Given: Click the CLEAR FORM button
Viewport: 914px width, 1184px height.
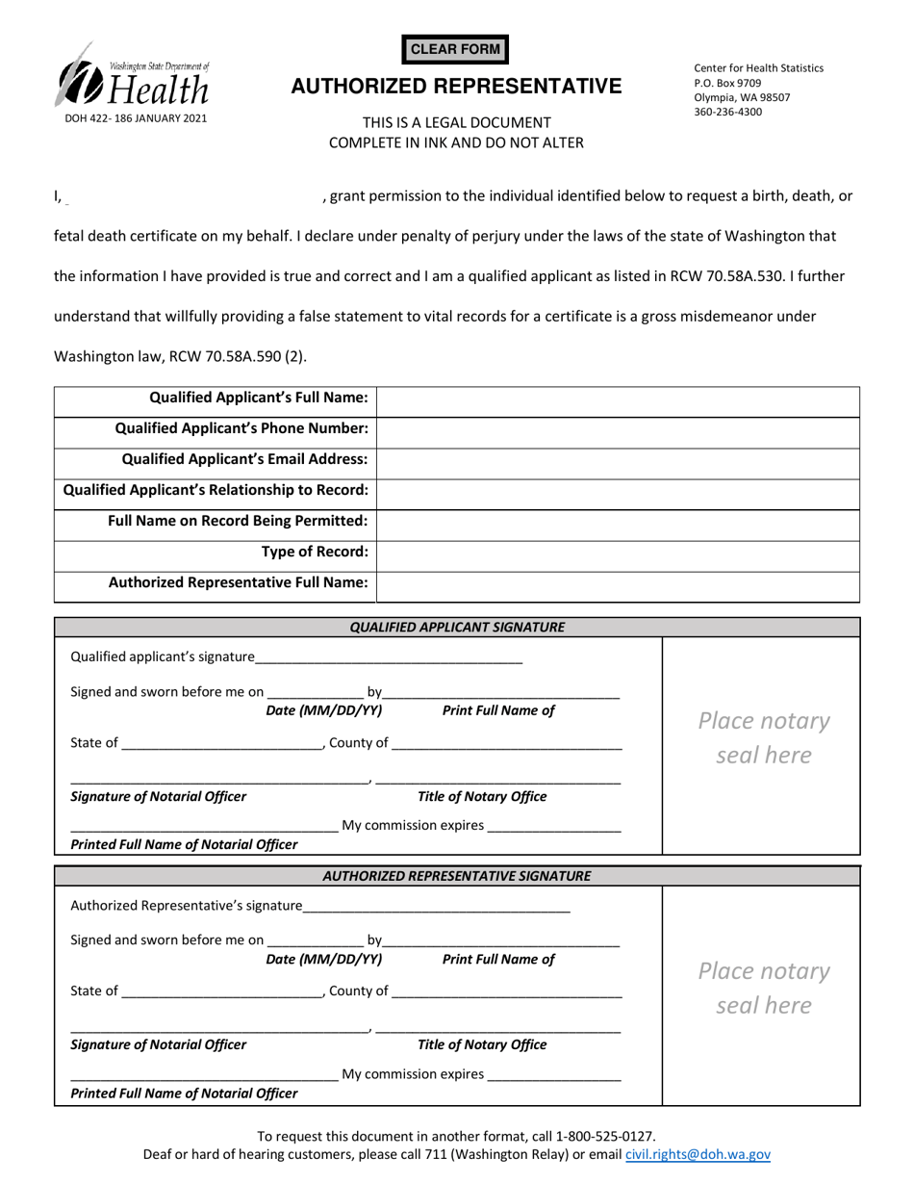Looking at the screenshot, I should click(x=457, y=49).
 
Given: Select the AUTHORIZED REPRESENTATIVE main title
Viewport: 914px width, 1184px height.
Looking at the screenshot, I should click(x=457, y=87).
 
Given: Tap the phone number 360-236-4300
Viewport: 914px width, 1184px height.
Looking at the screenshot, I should click(x=727, y=112).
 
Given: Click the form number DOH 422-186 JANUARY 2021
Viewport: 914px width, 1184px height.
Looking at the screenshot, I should click(x=135, y=118).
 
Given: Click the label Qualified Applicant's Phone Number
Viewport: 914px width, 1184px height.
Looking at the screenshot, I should click(x=241, y=428).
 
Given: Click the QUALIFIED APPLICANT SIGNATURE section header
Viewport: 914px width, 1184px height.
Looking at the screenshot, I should click(x=457, y=628).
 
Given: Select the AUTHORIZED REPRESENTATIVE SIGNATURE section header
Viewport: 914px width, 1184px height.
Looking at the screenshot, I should click(x=457, y=876).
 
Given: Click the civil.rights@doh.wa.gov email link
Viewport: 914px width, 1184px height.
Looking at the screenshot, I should click(x=698, y=1155).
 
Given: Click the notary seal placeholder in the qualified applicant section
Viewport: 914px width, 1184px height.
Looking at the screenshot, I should click(x=763, y=738).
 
